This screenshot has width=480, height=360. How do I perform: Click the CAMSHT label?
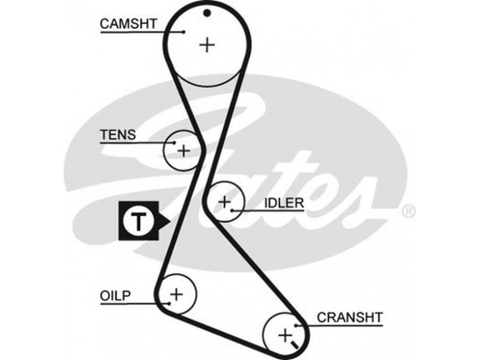128,24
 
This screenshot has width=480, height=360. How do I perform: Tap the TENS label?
118,135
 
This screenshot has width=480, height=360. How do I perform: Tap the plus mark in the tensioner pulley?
183,150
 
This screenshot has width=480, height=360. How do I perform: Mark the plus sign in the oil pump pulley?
176,294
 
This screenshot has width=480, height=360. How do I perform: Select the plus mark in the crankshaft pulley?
286,333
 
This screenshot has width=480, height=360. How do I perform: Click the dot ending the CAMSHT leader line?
185,32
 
